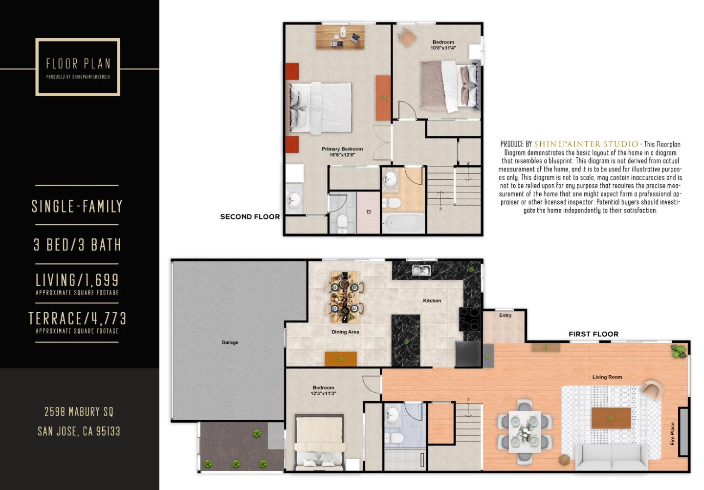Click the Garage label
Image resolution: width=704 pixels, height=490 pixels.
[230, 342]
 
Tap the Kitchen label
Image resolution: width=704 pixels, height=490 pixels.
[432, 301]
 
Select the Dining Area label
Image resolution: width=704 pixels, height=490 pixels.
[345, 332]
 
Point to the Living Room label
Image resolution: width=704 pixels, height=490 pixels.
[607, 377]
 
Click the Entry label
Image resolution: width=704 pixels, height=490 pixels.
[505, 316]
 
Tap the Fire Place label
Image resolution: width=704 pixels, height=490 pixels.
[673, 434]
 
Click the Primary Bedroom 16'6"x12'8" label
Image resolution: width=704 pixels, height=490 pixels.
[342, 152]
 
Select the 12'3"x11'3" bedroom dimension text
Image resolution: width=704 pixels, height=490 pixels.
[323, 394]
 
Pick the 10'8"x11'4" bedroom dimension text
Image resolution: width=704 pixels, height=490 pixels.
[443, 48]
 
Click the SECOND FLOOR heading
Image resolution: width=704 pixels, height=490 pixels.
[250, 217]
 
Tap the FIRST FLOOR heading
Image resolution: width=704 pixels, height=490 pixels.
[593, 334]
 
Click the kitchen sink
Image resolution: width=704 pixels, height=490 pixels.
[421, 270]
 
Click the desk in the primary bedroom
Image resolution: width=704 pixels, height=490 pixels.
[340, 37]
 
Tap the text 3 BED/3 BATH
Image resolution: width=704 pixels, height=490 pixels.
[77, 245]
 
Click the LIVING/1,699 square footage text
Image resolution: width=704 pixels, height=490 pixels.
[77, 280]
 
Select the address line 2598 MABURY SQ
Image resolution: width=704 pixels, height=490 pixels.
[79, 412]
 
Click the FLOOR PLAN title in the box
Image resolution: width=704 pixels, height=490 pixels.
[78, 64]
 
